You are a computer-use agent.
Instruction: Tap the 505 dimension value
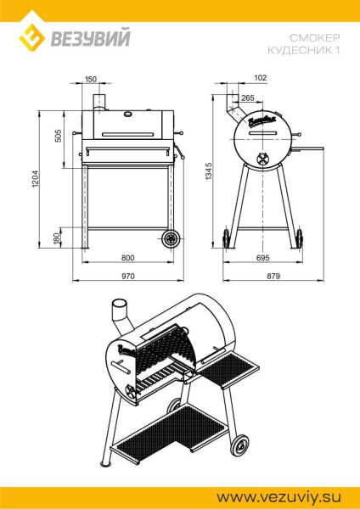click(x=58, y=137)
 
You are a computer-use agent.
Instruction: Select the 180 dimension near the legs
click(x=57, y=238)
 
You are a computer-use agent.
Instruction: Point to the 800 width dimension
click(x=127, y=258)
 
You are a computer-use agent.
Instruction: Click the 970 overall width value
click(x=127, y=277)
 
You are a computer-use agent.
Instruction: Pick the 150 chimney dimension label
click(x=91, y=79)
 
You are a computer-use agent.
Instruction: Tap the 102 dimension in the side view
click(x=261, y=77)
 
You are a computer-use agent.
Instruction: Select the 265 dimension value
click(x=248, y=98)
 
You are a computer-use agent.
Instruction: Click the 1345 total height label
click(x=209, y=171)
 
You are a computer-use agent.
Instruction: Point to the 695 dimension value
click(x=263, y=258)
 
